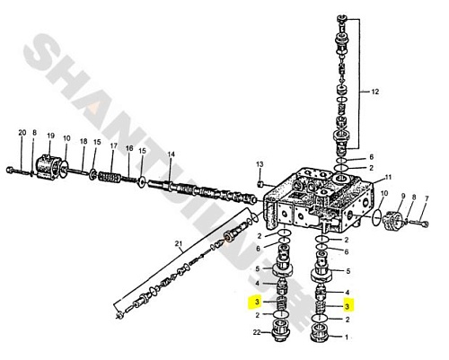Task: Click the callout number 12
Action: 374,92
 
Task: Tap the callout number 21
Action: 179,244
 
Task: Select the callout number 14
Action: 171,154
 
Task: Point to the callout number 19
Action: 50,136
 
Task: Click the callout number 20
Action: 22,133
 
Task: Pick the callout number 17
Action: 113,146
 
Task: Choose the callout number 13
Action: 260,164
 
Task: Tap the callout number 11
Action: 388,177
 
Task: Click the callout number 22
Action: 257,332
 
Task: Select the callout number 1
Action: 347,338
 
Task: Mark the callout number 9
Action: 403,197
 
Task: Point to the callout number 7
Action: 427,198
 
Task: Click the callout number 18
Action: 84,141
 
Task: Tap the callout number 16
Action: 129,148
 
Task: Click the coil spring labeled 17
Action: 110,177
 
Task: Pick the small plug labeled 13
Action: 260,183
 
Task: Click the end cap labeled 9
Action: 392,220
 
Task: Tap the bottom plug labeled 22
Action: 280,330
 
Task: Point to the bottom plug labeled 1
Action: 320,334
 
